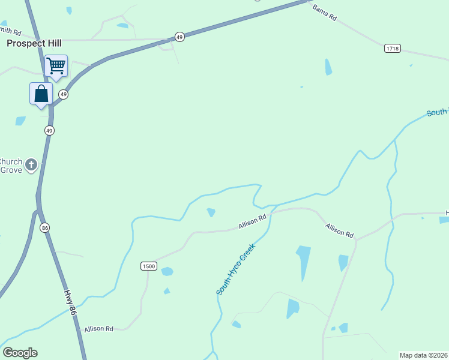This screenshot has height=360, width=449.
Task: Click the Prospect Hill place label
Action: click(x=34, y=43)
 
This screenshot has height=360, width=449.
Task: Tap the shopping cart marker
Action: click(x=56, y=65)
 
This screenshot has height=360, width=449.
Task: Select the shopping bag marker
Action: click(x=41, y=94)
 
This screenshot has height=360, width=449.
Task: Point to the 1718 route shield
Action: click(x=393, y=48)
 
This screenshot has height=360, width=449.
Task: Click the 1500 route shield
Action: click(x=149, y=266)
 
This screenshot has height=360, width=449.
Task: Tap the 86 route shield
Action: click(x=45, y=228)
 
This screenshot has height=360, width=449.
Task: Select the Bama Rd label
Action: click(x=324, y=13)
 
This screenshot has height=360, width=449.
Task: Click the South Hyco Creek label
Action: click(x=236, y=269)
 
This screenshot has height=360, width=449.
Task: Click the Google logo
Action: click(x=20, y=353)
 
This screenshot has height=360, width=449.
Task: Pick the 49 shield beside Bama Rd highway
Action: click(x=179, y=37)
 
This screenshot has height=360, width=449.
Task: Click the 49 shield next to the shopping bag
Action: click(x=64, y=95)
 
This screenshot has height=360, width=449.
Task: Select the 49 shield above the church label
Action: click(x=49, y=130)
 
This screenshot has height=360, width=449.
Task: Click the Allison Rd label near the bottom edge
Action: click(x=98, y=329)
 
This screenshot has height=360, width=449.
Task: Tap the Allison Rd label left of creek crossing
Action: click(x=252, y=222)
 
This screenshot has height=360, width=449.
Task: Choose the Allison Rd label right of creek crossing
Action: click(x=340, y=230)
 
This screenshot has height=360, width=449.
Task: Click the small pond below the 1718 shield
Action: click(x=328, y=67)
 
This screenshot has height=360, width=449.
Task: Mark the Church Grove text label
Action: click(x=11, y=166)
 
